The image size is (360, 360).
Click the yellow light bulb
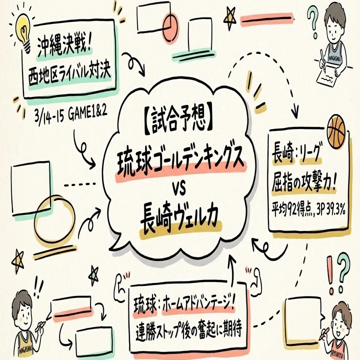(24, 32)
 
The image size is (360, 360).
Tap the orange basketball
(336, 131)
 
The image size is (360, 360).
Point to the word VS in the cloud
(179, 190)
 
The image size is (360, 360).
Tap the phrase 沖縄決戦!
(64, 46)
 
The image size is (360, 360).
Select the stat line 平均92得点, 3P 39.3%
(308, 208)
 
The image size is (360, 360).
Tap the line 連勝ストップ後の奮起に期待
(188, 330)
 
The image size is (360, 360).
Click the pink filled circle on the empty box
(171, 27)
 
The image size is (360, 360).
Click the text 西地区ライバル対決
(69, 73)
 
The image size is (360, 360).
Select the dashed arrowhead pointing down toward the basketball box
(295, 112)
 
